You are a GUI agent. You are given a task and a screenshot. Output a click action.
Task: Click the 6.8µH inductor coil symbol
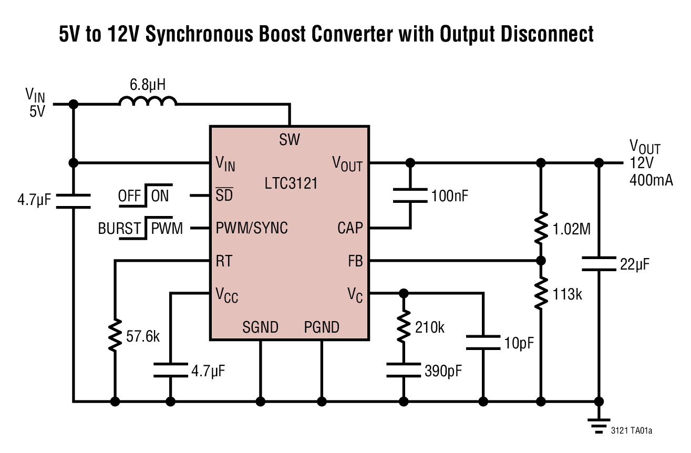pos(148,101)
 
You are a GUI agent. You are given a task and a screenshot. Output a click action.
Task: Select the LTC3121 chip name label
pos(292,183)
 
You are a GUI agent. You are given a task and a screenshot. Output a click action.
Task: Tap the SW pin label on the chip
pos(290,140)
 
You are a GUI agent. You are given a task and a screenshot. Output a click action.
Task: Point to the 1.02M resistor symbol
pos(540,228)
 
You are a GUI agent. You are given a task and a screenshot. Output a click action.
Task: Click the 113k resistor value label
pos(567,294)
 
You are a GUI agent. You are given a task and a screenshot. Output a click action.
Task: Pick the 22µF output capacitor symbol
pos(599,264)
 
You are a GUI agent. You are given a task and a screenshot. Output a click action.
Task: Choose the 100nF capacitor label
pos(449,196)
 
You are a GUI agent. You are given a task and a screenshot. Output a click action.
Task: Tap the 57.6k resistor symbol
pos(115,335)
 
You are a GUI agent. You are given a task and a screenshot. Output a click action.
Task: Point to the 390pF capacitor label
pos(444,370)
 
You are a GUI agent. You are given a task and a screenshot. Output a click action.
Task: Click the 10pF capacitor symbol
pos(482,343)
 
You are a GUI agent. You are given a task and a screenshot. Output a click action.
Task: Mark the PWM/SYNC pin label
pos(252,229)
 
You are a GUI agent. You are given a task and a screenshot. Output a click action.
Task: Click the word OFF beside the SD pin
pos(130,196)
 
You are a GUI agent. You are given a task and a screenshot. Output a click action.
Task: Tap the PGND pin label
pos(322,327)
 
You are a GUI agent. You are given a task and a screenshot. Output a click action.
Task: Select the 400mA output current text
pos(652,180)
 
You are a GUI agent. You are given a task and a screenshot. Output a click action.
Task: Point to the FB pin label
pos(355,261)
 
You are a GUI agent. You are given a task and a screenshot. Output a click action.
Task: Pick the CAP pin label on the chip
pos(350,229)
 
